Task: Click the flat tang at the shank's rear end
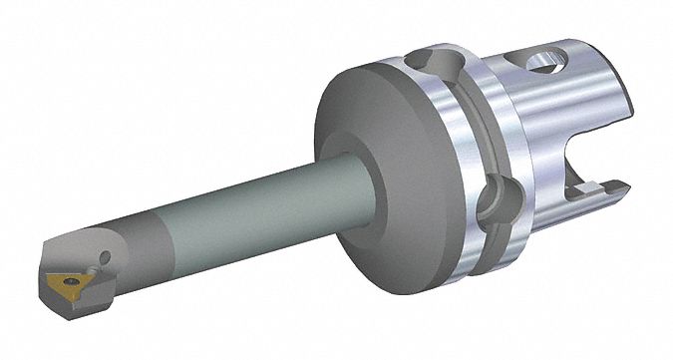coord(608,189)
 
